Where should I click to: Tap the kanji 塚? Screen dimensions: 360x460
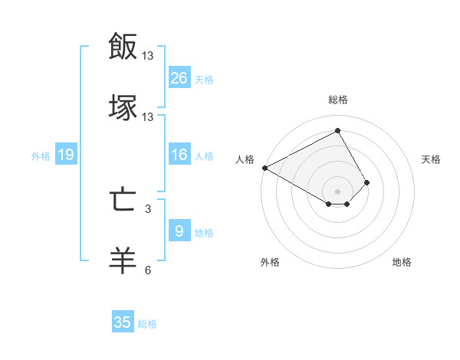(x=123, y=106)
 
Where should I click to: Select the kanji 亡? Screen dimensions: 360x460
(x=123, y=200)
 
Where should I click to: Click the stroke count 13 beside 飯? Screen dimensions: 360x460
(x=148, y=56)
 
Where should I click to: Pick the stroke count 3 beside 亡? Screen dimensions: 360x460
(x=148, y=208)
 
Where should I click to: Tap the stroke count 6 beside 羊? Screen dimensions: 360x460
(x=148, y=270)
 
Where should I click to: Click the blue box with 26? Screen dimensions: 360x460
(x=179, y=78)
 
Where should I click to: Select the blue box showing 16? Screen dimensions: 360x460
(x=179, y=155)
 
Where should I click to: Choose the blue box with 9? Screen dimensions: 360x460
(x=179, y=231)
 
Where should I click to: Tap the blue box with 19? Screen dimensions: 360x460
(x=66, y=155)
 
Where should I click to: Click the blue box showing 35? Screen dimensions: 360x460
(x=123, y=322)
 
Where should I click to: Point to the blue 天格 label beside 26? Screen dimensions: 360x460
(x=204, y=79)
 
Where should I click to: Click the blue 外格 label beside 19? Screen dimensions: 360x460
(x=41, y=155)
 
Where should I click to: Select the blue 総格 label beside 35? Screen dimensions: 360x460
(x=147, y=323)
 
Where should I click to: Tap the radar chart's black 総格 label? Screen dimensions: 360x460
(x=337, y=100)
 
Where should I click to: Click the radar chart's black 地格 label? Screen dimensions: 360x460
(x=402, y=262)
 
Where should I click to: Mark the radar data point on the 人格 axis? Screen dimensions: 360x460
(x=264, y=167)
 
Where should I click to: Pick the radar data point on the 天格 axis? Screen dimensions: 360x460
(x=367, y=182)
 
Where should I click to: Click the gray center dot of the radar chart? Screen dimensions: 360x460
(x=337, y=191)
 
